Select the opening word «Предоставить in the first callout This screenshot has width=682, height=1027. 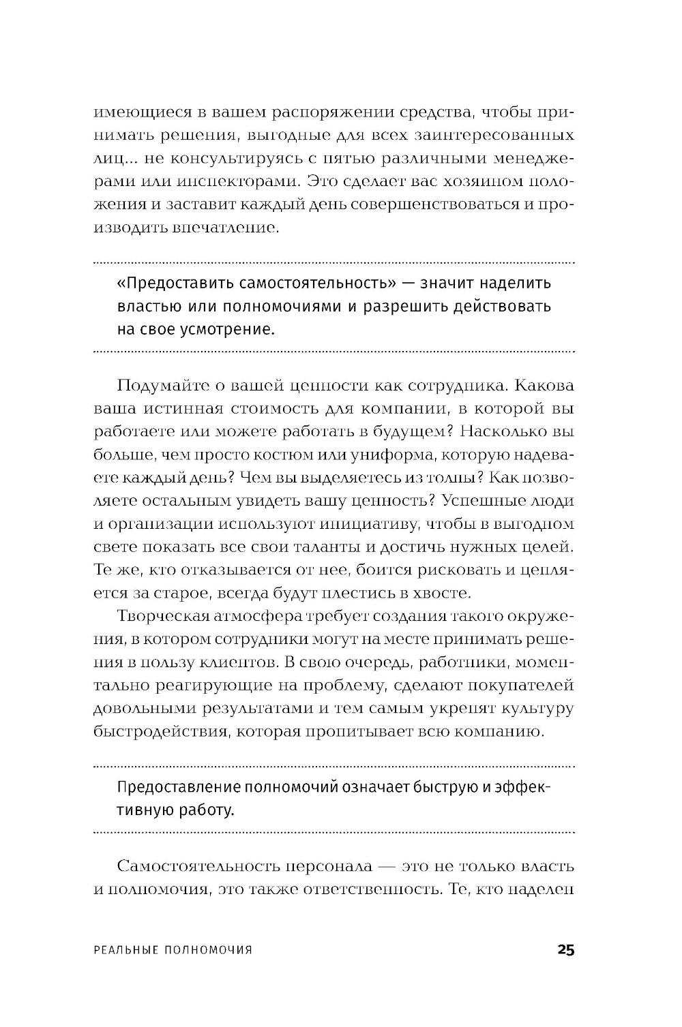point(168,282)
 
